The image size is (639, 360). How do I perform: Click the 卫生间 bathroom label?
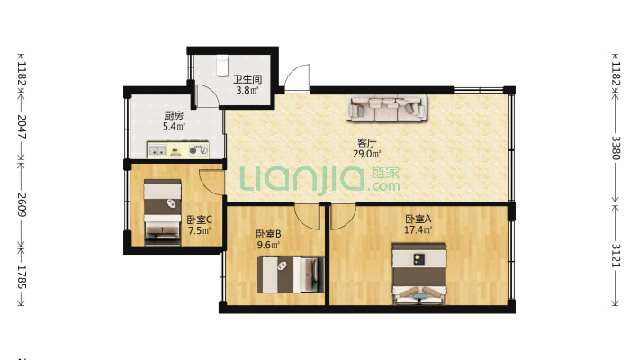[x=247, y=79]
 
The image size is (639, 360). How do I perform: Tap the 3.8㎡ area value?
[x=247, y=90]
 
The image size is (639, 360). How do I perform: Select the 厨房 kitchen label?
[x=174, y=116]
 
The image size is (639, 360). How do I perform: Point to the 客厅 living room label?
[x=367, y=143]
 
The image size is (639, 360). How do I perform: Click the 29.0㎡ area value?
[x=367, y=154]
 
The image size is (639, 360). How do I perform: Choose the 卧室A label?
[x=418, y=220]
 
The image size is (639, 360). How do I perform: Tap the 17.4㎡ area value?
[x=418, y=230]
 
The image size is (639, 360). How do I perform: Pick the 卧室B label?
[x=268, y=234]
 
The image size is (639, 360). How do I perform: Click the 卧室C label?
[x=199, y=220]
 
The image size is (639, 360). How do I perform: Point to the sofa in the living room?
[x=387, y=108]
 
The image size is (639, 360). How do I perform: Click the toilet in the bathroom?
[x=222, y=65]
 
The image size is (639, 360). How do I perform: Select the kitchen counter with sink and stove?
[x=178, y=150]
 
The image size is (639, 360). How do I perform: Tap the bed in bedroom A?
[x=418, y=274]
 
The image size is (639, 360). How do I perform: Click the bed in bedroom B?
[x=291, y=274]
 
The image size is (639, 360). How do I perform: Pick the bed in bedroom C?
[x=163, y=212]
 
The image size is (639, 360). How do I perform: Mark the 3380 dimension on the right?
[x=616, y=148]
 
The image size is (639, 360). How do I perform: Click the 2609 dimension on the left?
[x=22, y=205]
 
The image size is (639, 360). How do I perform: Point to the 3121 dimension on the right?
[x=616, y=256]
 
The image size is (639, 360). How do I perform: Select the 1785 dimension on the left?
[x=22, y=277]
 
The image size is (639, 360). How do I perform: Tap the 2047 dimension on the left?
[x=22, y=127]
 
